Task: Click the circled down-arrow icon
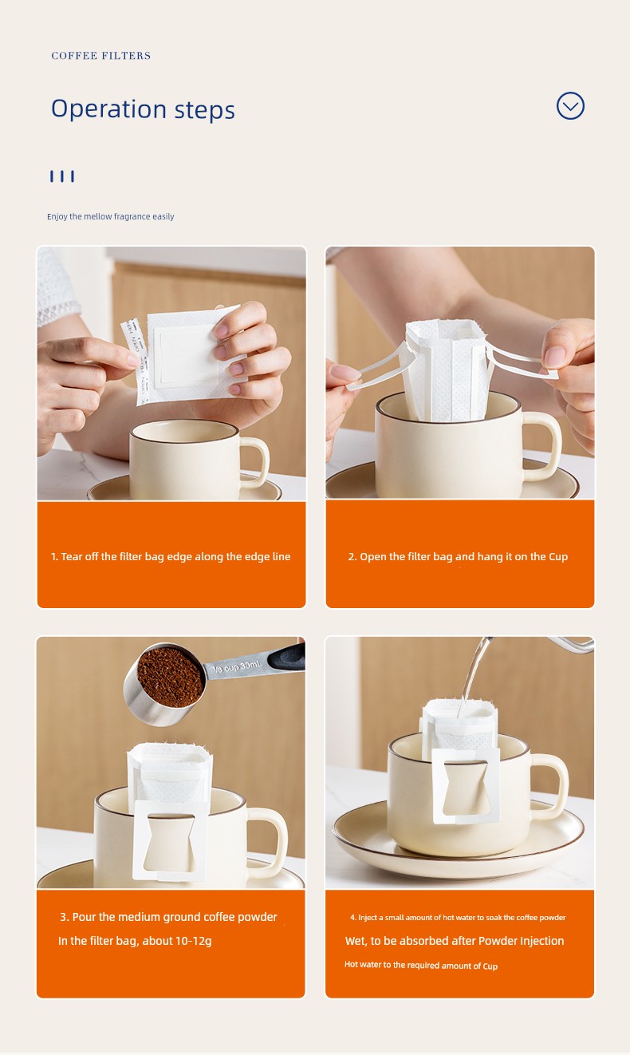coord(570,105)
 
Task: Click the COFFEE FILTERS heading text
coord(101,56)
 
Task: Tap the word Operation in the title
coord(108,109)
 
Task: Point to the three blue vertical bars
coord(62,176)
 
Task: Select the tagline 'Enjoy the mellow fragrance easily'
coord(111,216)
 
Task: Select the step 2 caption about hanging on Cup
coord(458,557)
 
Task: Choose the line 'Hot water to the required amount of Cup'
coord(420,965)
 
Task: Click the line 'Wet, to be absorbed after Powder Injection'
coord(455,941)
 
